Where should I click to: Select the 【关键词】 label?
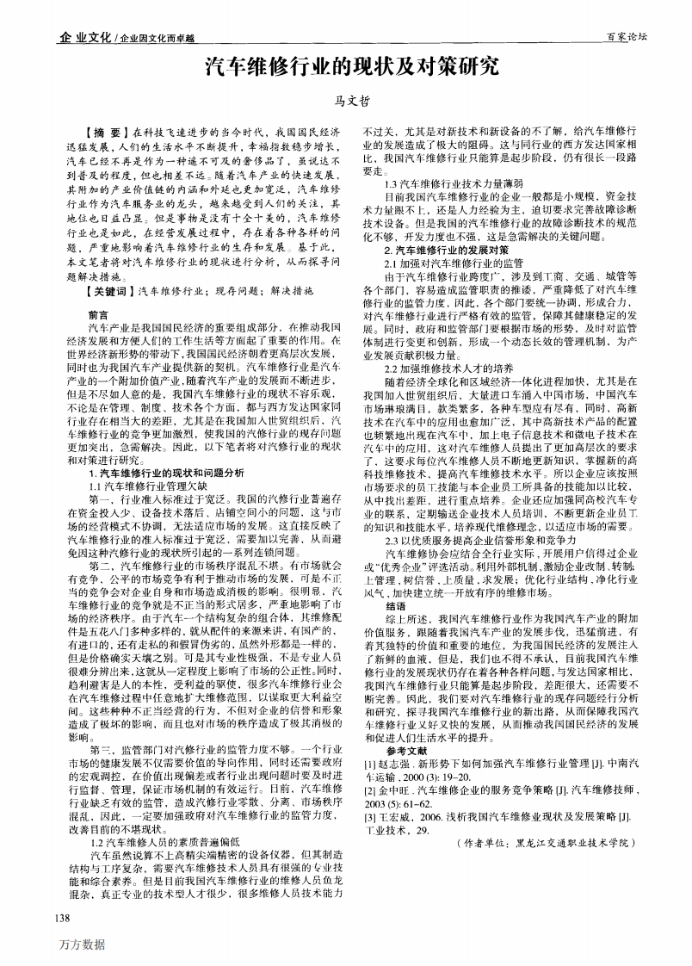pos(110,292)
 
